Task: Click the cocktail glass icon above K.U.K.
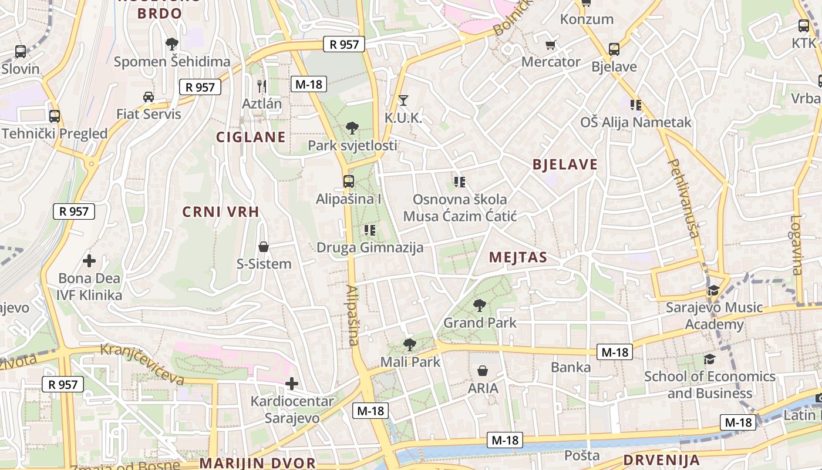[x=403, y=100]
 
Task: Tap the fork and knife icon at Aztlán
[x=262, y=86]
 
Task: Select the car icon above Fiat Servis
[x=149, y=96]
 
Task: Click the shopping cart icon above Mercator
[x=551, y=45]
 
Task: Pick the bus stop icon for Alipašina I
[x=349, y=181]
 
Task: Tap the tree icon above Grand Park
[x=480, y=305]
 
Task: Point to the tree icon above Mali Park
[x=410, y=344]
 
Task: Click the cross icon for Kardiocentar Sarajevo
[x=292, y=384]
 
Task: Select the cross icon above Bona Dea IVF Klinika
[x=89, y=260]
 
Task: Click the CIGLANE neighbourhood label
[x=251, y=137]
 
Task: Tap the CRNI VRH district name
[x=221, y=212]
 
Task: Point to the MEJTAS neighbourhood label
[x=518, y=257]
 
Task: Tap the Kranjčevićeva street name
[x=142, y=364]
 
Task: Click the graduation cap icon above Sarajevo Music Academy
[x=714, y=290]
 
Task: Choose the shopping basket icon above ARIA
[x=483, y=371]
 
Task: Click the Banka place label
[x=571, y=368]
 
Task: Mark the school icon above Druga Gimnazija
[x=370, y=230]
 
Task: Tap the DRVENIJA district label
[x=661, y=460]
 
